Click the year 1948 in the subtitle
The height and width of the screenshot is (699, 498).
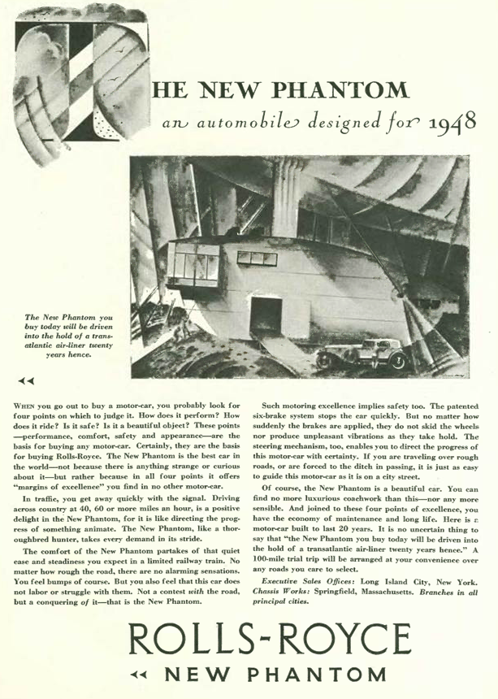pyautogui.click(x=448, y=124)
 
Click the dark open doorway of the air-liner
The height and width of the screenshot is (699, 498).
pyautogui.click(x=266, y=314)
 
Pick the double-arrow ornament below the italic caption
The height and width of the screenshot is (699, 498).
pyautogui.click(x=28, y=380)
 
